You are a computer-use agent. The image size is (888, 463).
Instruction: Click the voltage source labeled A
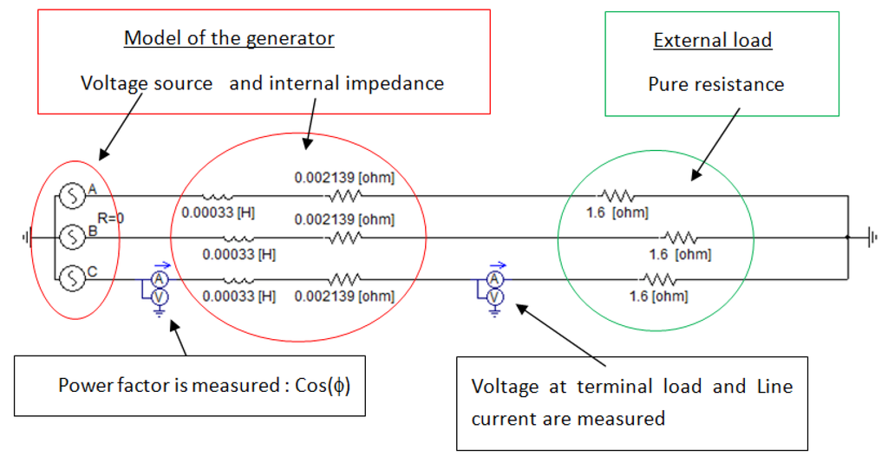coord(73,196)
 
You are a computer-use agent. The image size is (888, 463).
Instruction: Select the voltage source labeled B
coord(73,236)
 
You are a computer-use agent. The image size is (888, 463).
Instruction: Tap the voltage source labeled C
coord(73,277)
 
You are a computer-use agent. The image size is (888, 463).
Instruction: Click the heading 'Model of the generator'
coord(229,38)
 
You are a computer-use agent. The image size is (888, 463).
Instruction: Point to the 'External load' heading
coord(712,41)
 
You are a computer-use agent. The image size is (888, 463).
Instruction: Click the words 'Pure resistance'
coord(715,84)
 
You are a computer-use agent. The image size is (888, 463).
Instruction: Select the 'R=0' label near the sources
coord(110,218)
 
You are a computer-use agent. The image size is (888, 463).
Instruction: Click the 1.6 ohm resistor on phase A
coord(619,197)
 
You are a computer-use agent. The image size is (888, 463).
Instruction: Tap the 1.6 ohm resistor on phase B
coord(679,237)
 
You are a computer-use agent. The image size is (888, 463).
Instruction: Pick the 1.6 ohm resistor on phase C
coord(657,279)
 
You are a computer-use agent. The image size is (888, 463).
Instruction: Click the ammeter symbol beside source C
coord(159,278)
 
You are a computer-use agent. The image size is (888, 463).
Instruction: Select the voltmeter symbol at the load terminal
coord(494,297)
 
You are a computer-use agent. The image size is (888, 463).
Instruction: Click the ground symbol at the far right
coord(872,237)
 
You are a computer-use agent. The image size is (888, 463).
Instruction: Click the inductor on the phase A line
coord(217,197)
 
